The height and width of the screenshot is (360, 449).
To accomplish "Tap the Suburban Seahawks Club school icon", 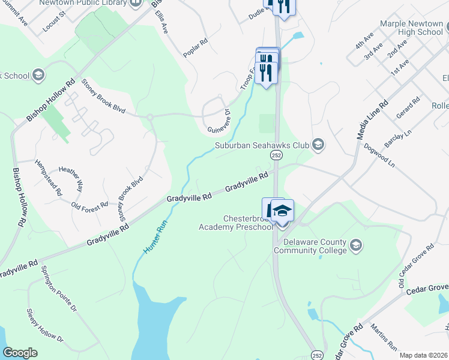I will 318,144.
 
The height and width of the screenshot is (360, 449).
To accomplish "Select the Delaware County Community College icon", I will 356,245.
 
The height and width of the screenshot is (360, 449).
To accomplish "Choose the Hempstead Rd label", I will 49,178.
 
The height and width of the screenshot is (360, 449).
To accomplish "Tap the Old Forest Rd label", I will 89,205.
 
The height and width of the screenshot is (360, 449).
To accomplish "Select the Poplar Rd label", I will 195,47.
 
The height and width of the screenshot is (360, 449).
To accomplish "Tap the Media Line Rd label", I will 370,118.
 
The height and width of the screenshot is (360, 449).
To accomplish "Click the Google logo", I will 20,353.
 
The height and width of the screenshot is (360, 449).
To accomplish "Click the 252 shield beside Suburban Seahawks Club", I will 276,155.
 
